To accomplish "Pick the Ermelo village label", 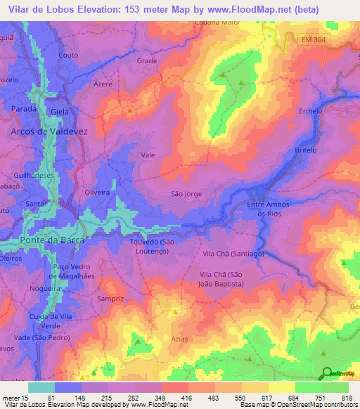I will pos(310,112).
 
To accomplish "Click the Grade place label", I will pos(147,61).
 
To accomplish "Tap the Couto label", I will pos(69,55).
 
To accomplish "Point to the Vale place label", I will pos(148,155).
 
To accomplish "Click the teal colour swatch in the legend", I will pos(41,387).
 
